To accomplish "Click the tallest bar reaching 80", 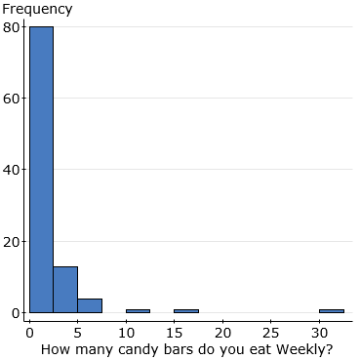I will click(x=41, y=170).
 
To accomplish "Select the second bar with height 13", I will click(x=65, y=290).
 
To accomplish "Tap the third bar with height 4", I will click(x=90, y=305).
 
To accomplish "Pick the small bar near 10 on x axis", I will click(x=138, y=311).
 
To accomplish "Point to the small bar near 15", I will click(x=185, y=311).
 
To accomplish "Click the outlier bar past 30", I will click(x=331, y=311).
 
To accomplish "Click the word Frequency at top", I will click(x=37, y=10).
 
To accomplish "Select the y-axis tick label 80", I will click(x=12, y=26).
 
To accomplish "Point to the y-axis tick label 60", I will click(x=12, y=98).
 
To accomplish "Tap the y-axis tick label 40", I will click(x=12, y=170).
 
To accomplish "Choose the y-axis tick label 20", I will click(x=12, y=241).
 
